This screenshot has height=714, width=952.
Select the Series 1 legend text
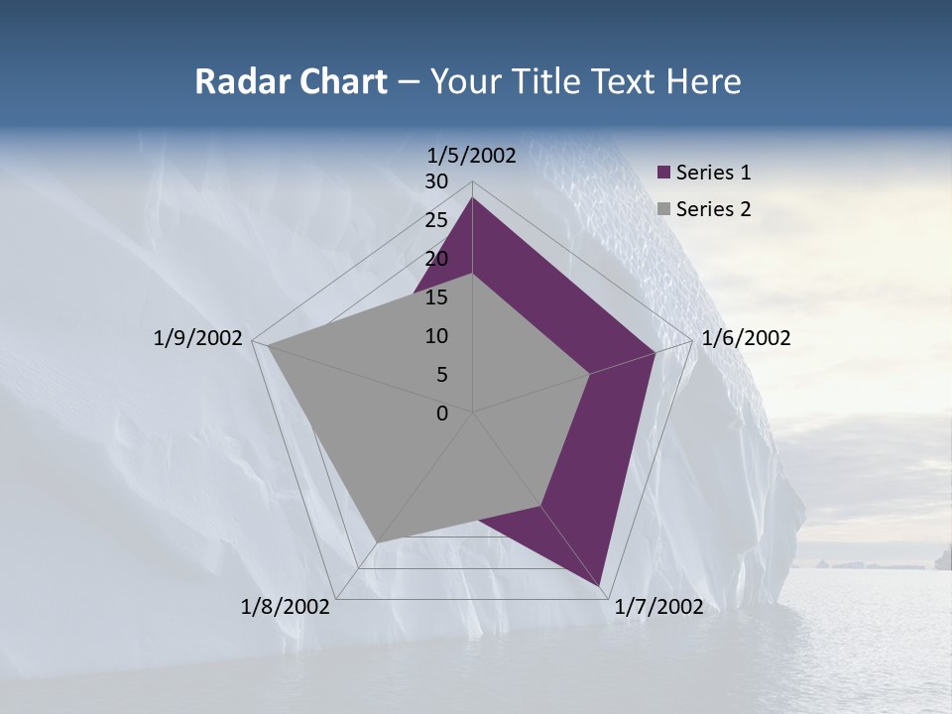(713, 173)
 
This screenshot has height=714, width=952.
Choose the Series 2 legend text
(713, 209)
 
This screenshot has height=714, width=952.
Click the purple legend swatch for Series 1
(664, 174)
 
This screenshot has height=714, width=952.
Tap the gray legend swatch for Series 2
(664, 209)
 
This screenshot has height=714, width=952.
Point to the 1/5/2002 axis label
(472, 155)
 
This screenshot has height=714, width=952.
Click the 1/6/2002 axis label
(746, 338)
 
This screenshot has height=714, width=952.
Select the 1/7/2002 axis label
(658, 607)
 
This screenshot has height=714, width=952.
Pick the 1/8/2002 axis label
(286, 607)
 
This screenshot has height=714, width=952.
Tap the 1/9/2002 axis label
(198, 338)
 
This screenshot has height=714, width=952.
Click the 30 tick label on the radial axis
(436, 181)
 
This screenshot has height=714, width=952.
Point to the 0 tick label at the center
(442, 414)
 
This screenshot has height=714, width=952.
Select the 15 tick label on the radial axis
(436, 297)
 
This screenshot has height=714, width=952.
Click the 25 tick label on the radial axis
(436, 220)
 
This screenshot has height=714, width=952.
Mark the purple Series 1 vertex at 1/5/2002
(472, 197)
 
